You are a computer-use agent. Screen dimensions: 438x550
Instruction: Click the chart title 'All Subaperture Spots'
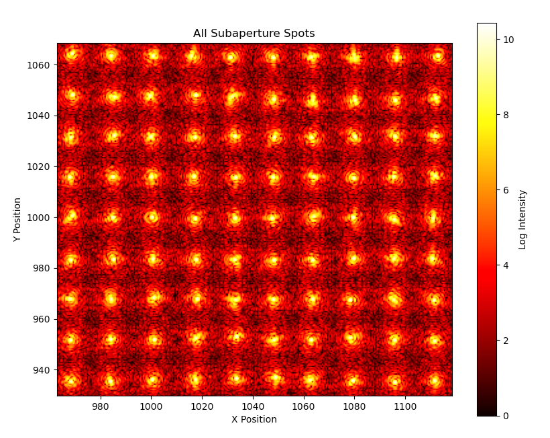(x=254, y=34)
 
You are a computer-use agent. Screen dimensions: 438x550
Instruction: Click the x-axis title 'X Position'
(x=254, y=419)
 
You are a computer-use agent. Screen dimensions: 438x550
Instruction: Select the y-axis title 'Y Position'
(x=17, y=220)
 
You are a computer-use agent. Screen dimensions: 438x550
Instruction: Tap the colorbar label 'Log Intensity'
(x=522, y=220)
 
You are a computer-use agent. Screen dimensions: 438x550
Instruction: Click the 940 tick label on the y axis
(x=42, y=369)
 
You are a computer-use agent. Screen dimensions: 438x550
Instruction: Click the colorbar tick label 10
(x=508, y=40)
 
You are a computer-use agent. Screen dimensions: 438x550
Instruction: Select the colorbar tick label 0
(x=506, y=416)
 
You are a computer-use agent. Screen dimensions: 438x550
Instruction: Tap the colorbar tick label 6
(x=506, y=190)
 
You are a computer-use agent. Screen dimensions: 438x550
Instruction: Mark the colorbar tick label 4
(x=506, y=265)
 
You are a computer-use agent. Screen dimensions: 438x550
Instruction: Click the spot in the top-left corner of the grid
(x=72, y=54)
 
